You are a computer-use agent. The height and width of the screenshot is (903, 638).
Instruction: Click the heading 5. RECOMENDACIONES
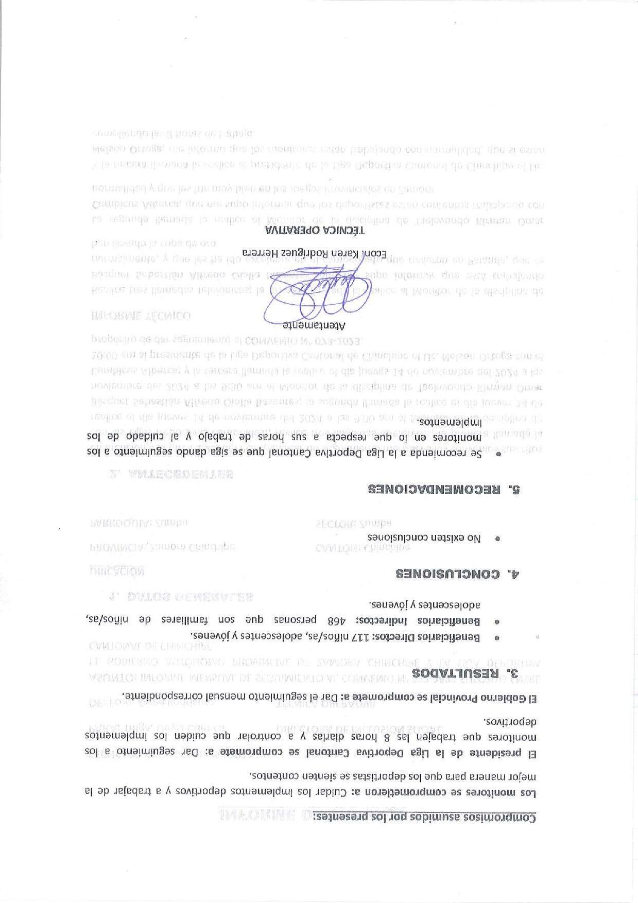(444, 489)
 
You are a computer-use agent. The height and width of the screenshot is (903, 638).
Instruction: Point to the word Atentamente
(314, 325)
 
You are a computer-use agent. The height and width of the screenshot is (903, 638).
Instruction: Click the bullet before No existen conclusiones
(497, 538)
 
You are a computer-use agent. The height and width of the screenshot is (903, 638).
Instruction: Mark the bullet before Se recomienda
(497, 454)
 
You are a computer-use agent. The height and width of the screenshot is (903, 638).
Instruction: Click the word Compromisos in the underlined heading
(508, 817)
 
